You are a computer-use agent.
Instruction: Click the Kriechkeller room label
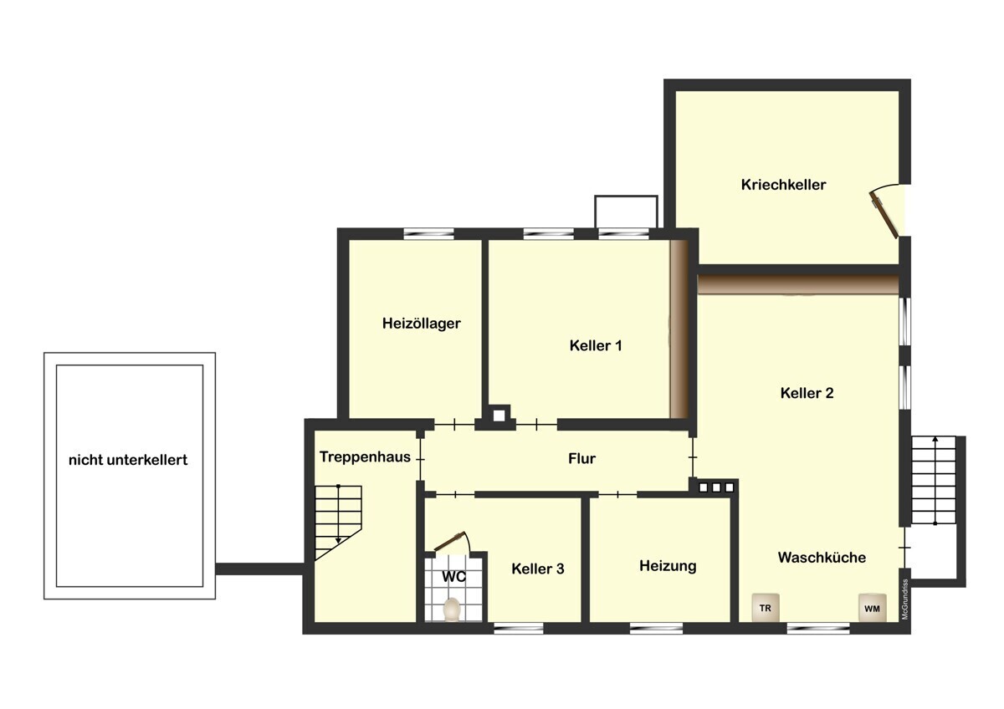pyautogui.click(x=783, y=185)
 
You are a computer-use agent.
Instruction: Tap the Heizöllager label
pyautogui.click(x=422, y=324)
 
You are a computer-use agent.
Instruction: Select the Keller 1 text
pyautogui.click(x=596, y=345)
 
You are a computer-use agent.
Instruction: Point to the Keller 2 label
pyautogui.click(x=807, y=393)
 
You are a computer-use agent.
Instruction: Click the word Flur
pyautogui.click(x=581, y=458)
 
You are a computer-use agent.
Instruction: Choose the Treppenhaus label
pyautogui.click(x=365, y=457)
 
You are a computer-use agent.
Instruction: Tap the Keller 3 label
pyautogui.click(x=538, y=569)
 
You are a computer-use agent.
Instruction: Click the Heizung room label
pyautogui.click(x=668, y=566)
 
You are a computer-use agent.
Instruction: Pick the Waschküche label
pyautogui.click(x=822, y=557)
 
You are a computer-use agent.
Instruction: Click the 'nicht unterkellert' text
pyautogui.click(x=128, y=460)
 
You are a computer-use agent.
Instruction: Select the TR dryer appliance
pyautogui.click(x=766, y=608)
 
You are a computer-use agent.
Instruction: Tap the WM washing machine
pyautogui.click(x=872, y=608)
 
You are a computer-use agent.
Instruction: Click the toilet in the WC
pyautogui.click(x=452, y=610)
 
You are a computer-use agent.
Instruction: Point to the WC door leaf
pyautogui.click(x=450, y=542)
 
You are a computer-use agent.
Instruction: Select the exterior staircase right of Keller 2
pyautogui.click(x=934, y=480)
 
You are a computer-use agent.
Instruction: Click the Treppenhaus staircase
pyautogui.click(x=338, y=523)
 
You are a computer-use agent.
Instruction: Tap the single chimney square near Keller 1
pyautogui.click(x=499, y=416)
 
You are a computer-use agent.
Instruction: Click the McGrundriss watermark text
pyautogui.click(x=905, y=599)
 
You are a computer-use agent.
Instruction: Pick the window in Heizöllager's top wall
pyautogui.click(x=428, y=233)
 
